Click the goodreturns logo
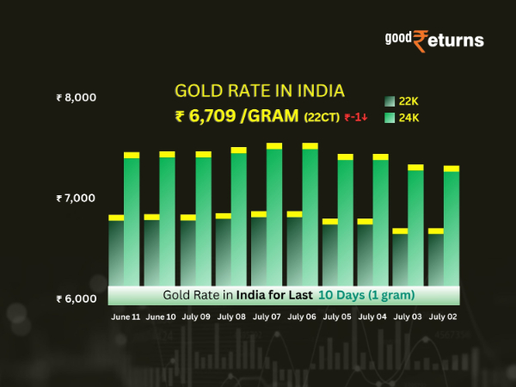(x=433, y=40)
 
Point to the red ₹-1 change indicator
(x=357, y=118)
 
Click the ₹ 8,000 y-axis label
(x=76, y=97)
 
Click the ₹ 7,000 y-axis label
(x=76, y=199)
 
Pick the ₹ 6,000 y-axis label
(x=76, y=299)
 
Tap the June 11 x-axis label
(x=126, y=317)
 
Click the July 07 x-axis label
(x=268, y=317)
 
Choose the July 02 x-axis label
(x=444, y=317)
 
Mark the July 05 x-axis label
(x=339, y=317)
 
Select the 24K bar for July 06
(x=310, y=215)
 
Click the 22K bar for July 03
(x=400, y=258)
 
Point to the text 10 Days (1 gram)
(x=366, y=295)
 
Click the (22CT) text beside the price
(x=322, y=118)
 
